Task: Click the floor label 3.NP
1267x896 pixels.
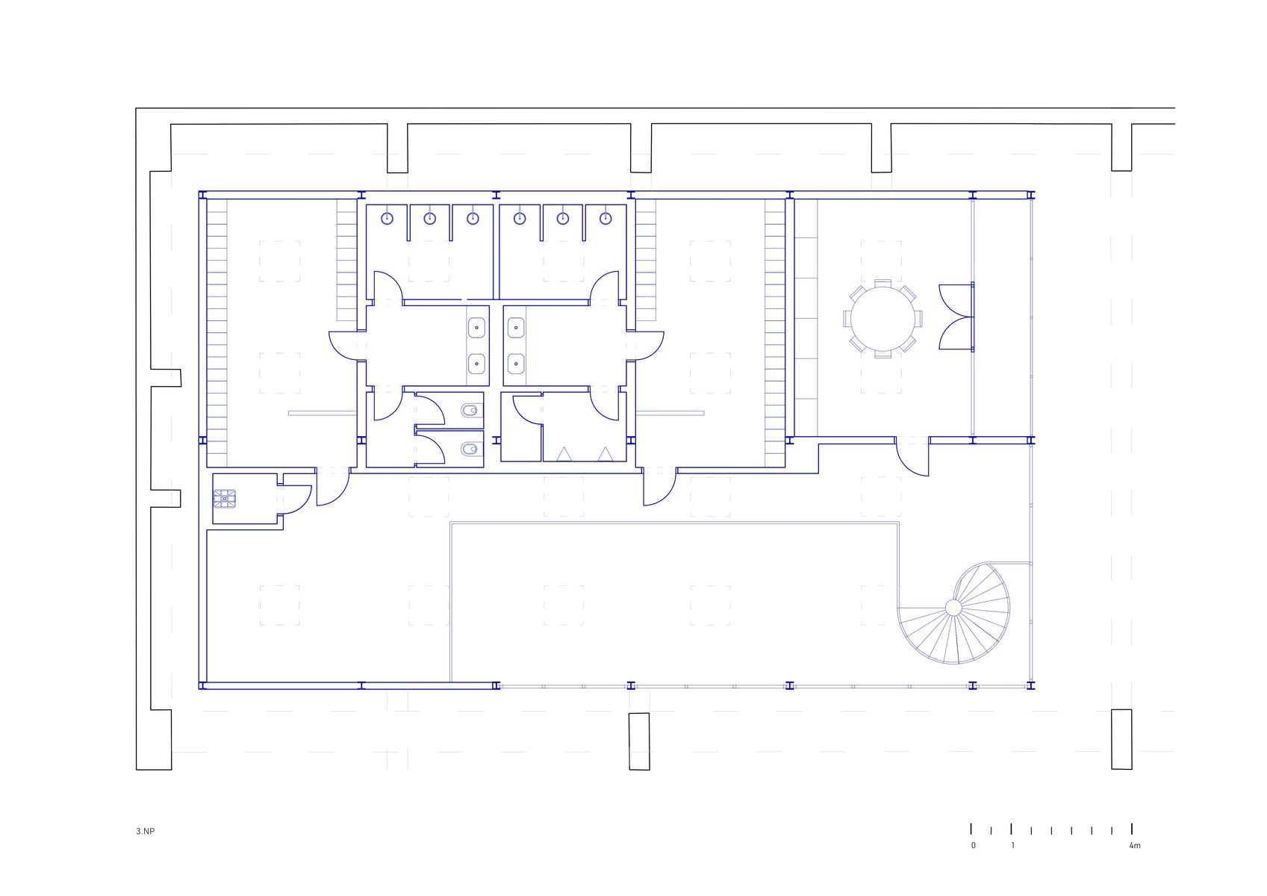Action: [x=145, y=831]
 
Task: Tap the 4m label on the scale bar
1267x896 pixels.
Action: [x=1135, y=846]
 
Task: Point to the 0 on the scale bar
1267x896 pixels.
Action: [x=974, y=846]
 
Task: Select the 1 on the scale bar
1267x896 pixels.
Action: [x=1013, y=846]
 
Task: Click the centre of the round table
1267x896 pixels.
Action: [x=883, y=319]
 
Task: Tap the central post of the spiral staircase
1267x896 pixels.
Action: [x=953, y=608]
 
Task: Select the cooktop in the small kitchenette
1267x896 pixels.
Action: [x=225, y=498]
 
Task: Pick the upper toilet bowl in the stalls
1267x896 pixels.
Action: [x=470, y=409]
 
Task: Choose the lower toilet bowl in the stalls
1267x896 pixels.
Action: [x=470, y=449]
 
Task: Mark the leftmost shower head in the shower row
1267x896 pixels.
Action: [x=387, y=218]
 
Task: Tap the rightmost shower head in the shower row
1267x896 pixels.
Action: [x=606, y=218]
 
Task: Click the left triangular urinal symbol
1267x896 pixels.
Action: [x=564, y=454]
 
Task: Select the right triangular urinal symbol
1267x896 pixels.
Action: [x=606, y=454]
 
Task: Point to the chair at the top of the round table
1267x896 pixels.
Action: [x=883, y=283]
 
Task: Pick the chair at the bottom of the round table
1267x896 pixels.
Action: [x=883, y=354]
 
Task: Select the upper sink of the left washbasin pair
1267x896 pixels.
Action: [x=477, y=328]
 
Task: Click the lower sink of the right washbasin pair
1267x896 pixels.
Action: [x=515, y=364]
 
